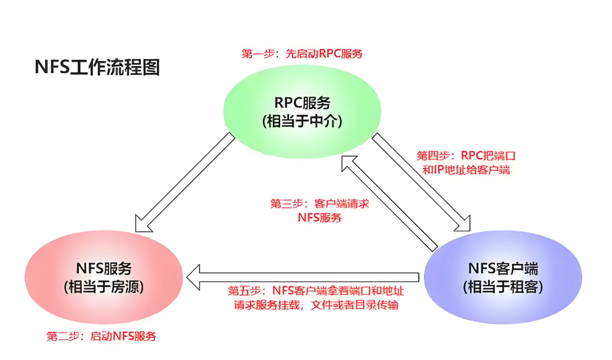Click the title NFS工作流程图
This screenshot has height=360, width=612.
pyautogui.click(x=97, y=68)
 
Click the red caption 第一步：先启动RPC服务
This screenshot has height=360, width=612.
pyautogui.click(x=301, y=54)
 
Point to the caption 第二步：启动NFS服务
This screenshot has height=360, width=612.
pyautogui.click(x=101, y=336)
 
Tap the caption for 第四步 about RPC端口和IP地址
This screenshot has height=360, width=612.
pyautogui.click(x=466, y=162)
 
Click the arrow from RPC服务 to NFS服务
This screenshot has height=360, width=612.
pyautogui.click(x=184, y=184)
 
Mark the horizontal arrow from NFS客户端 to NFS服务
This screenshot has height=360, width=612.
pyautogui.click(x=302, y=277)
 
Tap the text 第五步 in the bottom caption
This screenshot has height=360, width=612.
pyautogui.click(x=244, y=291)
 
